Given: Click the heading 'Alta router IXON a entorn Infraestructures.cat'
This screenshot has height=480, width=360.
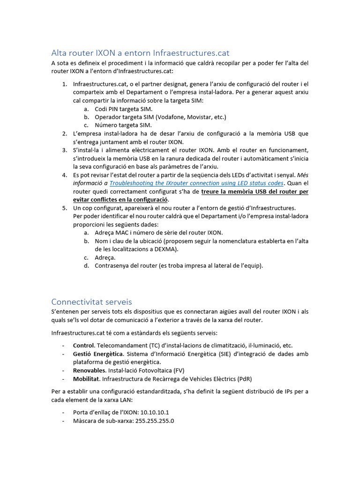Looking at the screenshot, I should pos(140,52).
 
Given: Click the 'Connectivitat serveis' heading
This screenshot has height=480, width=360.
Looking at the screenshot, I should pos(91,301).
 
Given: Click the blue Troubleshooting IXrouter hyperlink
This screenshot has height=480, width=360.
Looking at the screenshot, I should pos(196,183).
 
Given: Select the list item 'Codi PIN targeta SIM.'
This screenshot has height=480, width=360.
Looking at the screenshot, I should pos(120,109).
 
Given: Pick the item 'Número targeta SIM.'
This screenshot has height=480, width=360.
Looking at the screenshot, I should pos(123,125).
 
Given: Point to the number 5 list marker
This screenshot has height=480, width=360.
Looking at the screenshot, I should pos(64,208).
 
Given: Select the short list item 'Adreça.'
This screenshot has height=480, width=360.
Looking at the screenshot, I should pos(105,257).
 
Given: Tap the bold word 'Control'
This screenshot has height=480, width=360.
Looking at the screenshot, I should pos(83,345).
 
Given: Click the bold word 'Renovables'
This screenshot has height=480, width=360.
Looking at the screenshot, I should pos(89,370).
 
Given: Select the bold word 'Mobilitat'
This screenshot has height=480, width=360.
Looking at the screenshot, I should pos(86,378).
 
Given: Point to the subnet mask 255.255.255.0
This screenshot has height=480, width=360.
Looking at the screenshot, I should pos(152,420).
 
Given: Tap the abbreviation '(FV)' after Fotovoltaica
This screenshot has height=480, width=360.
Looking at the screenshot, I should pos(176,370).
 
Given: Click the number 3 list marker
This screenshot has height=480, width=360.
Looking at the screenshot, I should pos(64,150).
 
